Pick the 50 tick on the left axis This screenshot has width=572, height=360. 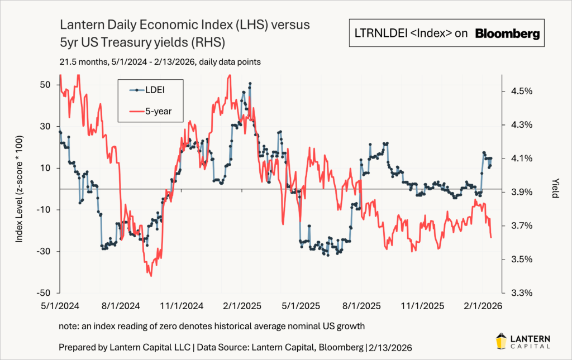tap(45, 84)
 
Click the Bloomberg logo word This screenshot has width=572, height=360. tap(507, 34)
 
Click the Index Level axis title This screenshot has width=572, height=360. tap(20, 189)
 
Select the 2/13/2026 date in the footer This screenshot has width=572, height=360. tap(390, 347)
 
